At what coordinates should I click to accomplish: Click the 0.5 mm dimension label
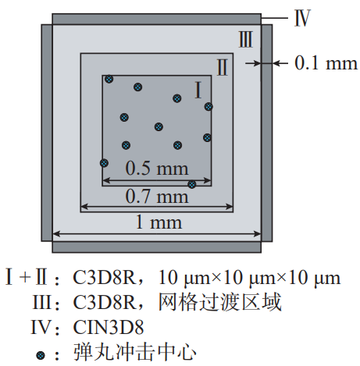coord(157,169)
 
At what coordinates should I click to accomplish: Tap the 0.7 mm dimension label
coord(157,197)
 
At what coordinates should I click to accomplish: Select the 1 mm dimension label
coord(159,222)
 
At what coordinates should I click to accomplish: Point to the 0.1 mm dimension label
coord(326,63)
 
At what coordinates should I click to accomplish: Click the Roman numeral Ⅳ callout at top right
coord(302,18)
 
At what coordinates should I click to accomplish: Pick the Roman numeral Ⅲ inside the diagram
coord(245,40)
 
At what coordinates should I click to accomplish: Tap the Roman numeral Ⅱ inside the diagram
coord(223,67)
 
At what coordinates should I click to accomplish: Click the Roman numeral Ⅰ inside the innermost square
coord(198,90)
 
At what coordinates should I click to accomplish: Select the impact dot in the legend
coord(40,355)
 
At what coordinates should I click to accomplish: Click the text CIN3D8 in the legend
coord(109,327)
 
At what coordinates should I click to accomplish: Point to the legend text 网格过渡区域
coord(220,302)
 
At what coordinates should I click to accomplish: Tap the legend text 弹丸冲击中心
coord(135,352)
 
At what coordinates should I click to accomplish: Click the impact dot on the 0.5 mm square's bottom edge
coord(192,184)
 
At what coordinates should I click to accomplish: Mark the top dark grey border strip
coord(156,19)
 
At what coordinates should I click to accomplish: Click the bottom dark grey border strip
coord(156,247)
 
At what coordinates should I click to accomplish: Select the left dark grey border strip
coord(47,133)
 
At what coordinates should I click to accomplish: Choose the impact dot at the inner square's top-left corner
coord(109,79)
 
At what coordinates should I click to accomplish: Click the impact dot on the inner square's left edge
coord(104,163)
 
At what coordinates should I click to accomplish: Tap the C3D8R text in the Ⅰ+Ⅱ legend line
coord(105,277)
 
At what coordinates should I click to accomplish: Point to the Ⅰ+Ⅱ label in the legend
coord(27,277)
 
